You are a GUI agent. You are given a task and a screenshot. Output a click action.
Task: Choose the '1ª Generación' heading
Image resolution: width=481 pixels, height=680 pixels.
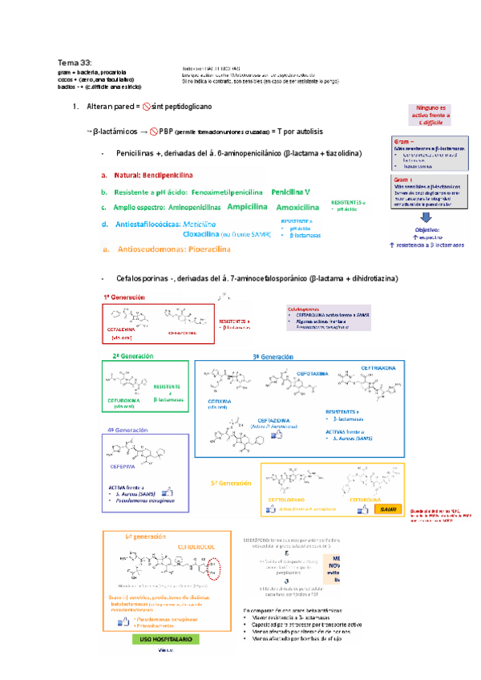(x=123, y=297)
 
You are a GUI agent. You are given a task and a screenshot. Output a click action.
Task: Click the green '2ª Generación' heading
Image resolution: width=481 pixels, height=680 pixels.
(x=132, y=355)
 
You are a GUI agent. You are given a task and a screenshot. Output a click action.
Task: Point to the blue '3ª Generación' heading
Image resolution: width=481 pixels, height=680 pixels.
(x=273, y=356)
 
